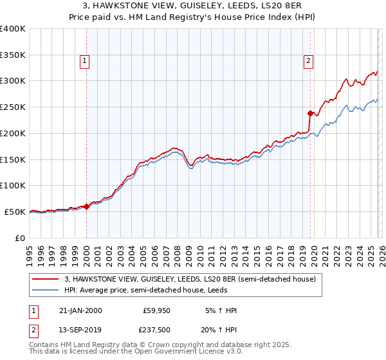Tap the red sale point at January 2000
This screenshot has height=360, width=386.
tap(87, 206)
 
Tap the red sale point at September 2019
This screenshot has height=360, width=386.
tap(310, 114)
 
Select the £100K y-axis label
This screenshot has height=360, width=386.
tap(13, 185)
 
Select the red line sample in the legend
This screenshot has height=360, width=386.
tap(46, 280)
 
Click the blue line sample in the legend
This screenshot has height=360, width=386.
tap(46, 291)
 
